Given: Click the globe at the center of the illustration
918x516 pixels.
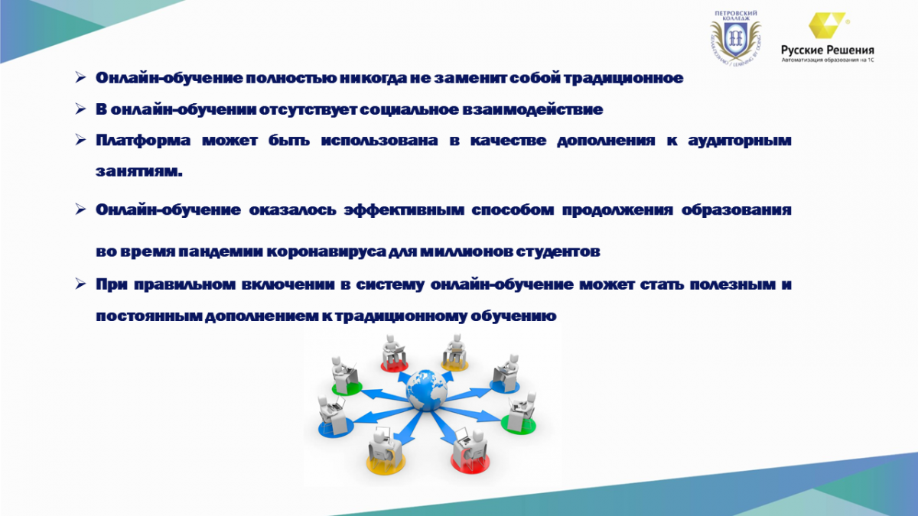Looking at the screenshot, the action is click(x=427, y=389).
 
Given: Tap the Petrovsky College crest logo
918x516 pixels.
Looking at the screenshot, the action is click(x=736, y=38).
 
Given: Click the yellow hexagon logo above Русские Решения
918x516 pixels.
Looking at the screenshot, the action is click(x=827, y=25).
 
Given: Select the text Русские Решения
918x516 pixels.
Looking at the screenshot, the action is click(x=828, y=50).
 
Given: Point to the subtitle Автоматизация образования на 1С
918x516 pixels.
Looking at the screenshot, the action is click(x=828, y=60).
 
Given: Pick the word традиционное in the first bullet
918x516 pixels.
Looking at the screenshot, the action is click(x=623, y=78).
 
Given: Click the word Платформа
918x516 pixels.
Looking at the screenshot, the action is click(x=143, y=141).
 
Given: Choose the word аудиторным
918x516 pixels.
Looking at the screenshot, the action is click(x=739, y=141).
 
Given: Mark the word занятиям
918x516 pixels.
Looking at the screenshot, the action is click(x=139, y=171).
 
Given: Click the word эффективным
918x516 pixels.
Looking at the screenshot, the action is click(x=404, y=210).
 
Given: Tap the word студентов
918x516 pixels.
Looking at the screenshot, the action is click(x=558, y=251).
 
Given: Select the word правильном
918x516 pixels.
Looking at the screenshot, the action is click(x=184, y=284).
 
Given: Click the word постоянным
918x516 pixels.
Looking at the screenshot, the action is click(x=148, y=316).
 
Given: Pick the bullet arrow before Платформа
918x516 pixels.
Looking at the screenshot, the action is click(x=80, y=140).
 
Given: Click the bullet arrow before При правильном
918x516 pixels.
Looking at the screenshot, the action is click(x=80, y=284).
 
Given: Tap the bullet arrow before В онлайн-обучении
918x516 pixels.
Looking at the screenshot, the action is click(x=80, y=109).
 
